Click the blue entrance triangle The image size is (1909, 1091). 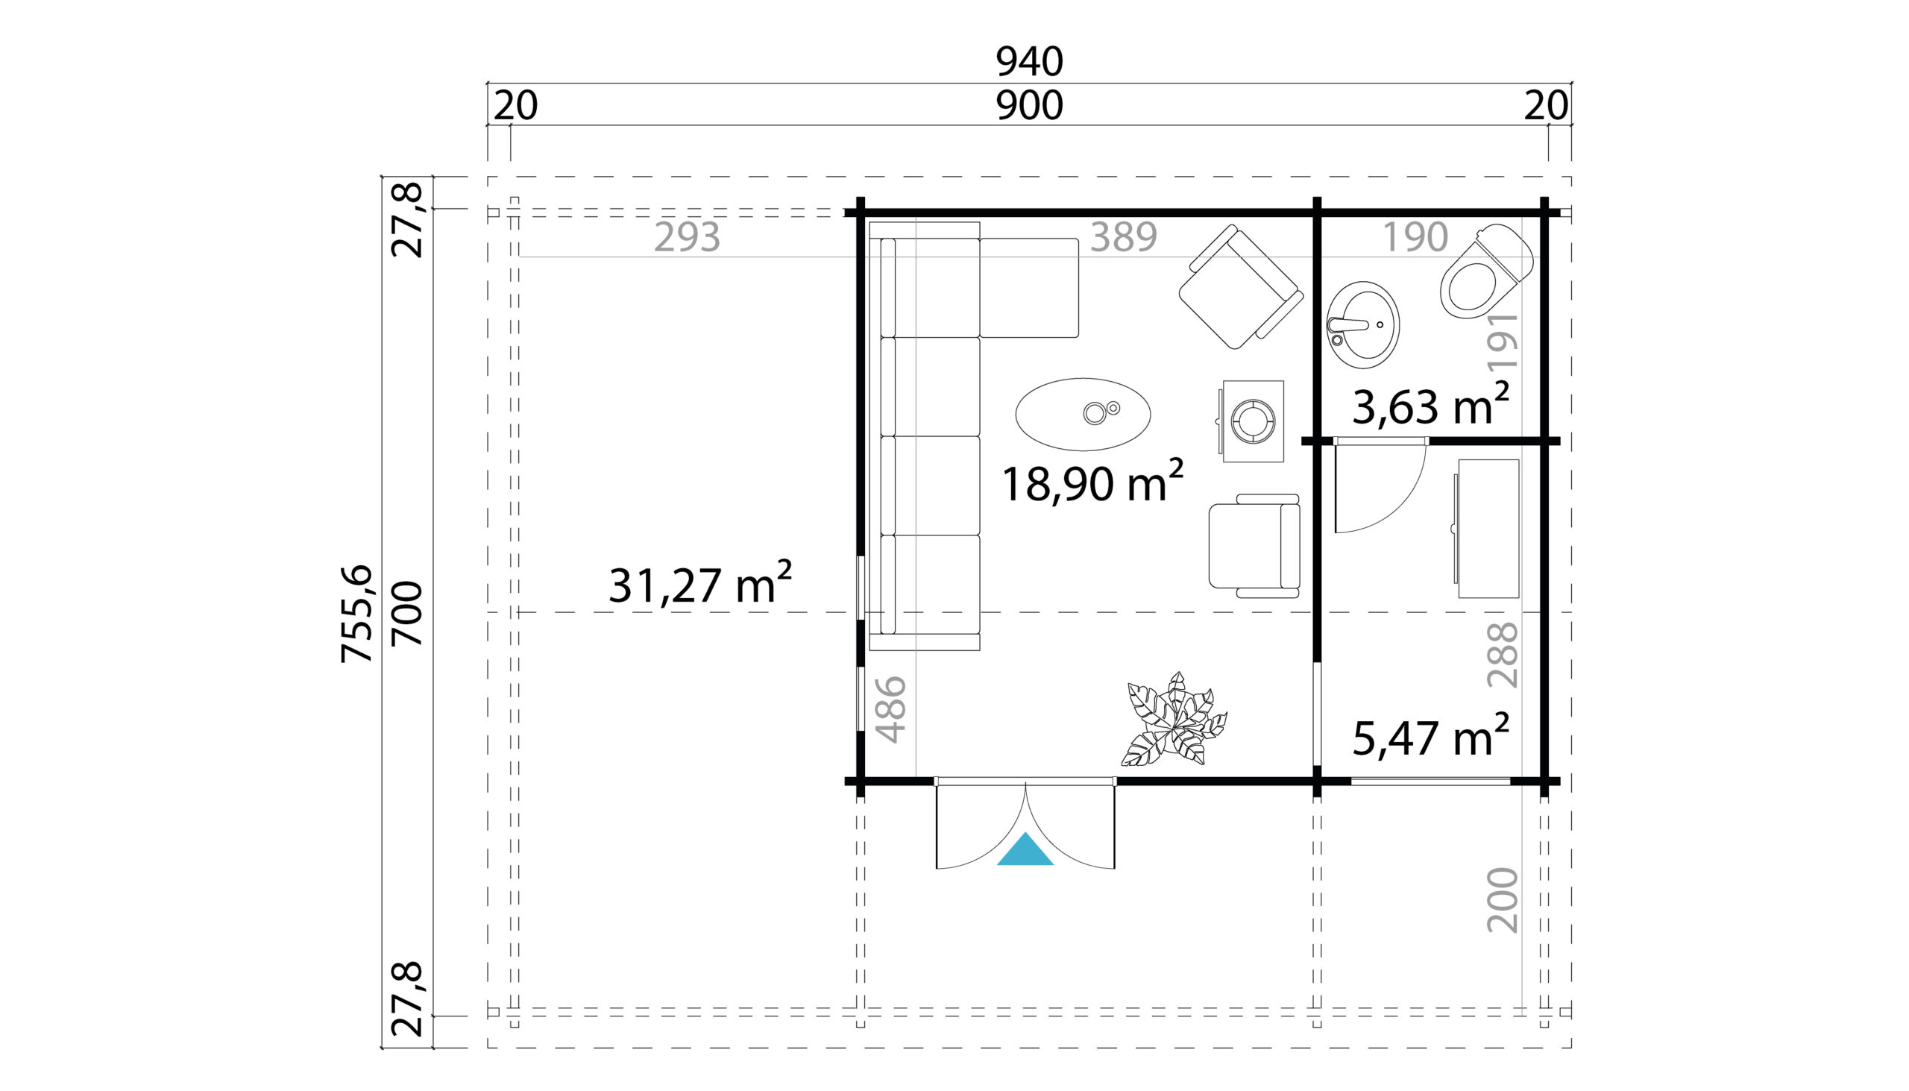[1025, 851]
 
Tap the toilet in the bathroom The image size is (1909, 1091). [1485, 271]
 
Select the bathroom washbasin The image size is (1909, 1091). [1363, 325]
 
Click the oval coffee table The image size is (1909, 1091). [1084, 415]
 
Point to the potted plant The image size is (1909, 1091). [1173, 720]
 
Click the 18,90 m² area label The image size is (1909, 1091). [1092, 482]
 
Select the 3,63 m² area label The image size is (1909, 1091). [1430, 406]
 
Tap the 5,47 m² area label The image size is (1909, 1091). [1430, 737]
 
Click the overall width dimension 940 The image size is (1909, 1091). [1029, 61]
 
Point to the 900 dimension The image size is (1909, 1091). [1029, 106]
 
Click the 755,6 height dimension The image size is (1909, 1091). [356, 614]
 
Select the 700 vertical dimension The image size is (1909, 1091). [409, 614]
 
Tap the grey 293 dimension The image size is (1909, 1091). [687, 237]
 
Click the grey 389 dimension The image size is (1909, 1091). [1123, 237]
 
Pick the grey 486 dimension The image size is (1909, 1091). [892, 710]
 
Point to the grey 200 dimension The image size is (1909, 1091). [1502, 901]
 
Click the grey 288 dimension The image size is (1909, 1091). [1502, 655]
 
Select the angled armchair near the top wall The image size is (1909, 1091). [1241, 286]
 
